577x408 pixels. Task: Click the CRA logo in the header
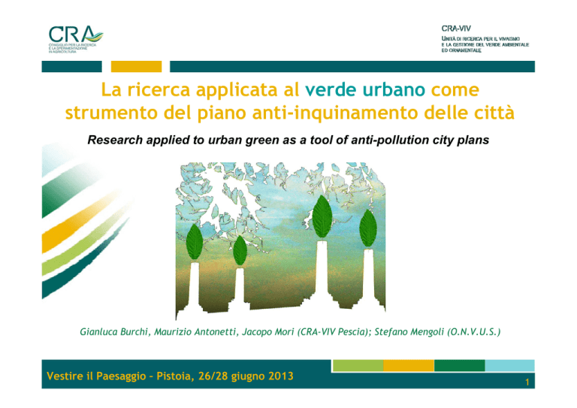tap(76, 39)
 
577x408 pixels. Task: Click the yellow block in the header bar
tap(136, 67)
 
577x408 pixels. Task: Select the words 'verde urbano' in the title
tap(365, 89)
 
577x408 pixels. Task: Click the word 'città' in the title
tap(494, 113)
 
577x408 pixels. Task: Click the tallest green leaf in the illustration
tap(322, 216)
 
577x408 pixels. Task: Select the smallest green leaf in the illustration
tap(240, 250)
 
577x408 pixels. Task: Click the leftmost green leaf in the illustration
tap(195, 242)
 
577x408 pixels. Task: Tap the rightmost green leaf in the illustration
tap(368, 228)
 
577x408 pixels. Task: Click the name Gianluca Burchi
tap(114, 332)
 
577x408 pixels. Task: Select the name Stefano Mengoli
tap(409, 332)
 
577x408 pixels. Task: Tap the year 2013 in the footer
tap(281, 376)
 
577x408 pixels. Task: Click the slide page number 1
tap(527, 382)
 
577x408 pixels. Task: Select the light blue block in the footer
tap(509, 366)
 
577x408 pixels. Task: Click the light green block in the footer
tap(358, 366)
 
